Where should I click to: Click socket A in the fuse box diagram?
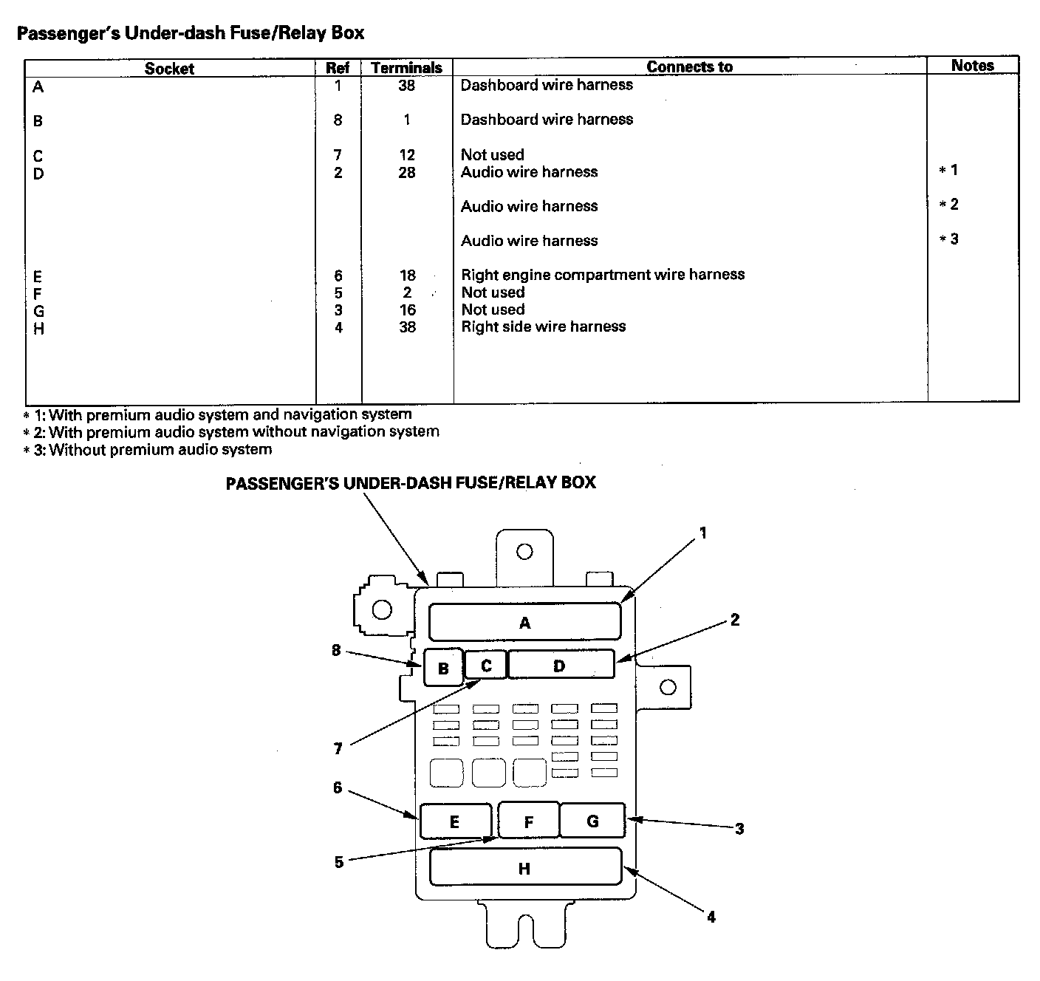click(524, 622)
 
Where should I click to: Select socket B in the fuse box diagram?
click(442, 668)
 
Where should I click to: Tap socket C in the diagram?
click(486, 665)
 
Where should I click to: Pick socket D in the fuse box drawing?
click(560, 665)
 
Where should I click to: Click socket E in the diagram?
click(455, 821)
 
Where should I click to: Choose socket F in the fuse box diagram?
click(529, 821)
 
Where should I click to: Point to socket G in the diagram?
click(592, 821)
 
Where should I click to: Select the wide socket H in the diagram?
click(524, 867)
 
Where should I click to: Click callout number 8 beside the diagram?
click(337, 651)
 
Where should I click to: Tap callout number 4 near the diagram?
click(711, 917)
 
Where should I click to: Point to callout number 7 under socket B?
click(338, 749)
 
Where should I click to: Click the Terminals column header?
click(406, 67)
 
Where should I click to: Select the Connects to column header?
click(689, 66)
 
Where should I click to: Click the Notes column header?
click(972, 65)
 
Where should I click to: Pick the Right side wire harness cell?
click(544, 327)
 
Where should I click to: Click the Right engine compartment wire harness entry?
click(603, 275)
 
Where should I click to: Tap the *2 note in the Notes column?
click(949, 205)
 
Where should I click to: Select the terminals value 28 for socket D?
click(407, 172)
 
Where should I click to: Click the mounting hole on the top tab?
click(524, 551)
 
